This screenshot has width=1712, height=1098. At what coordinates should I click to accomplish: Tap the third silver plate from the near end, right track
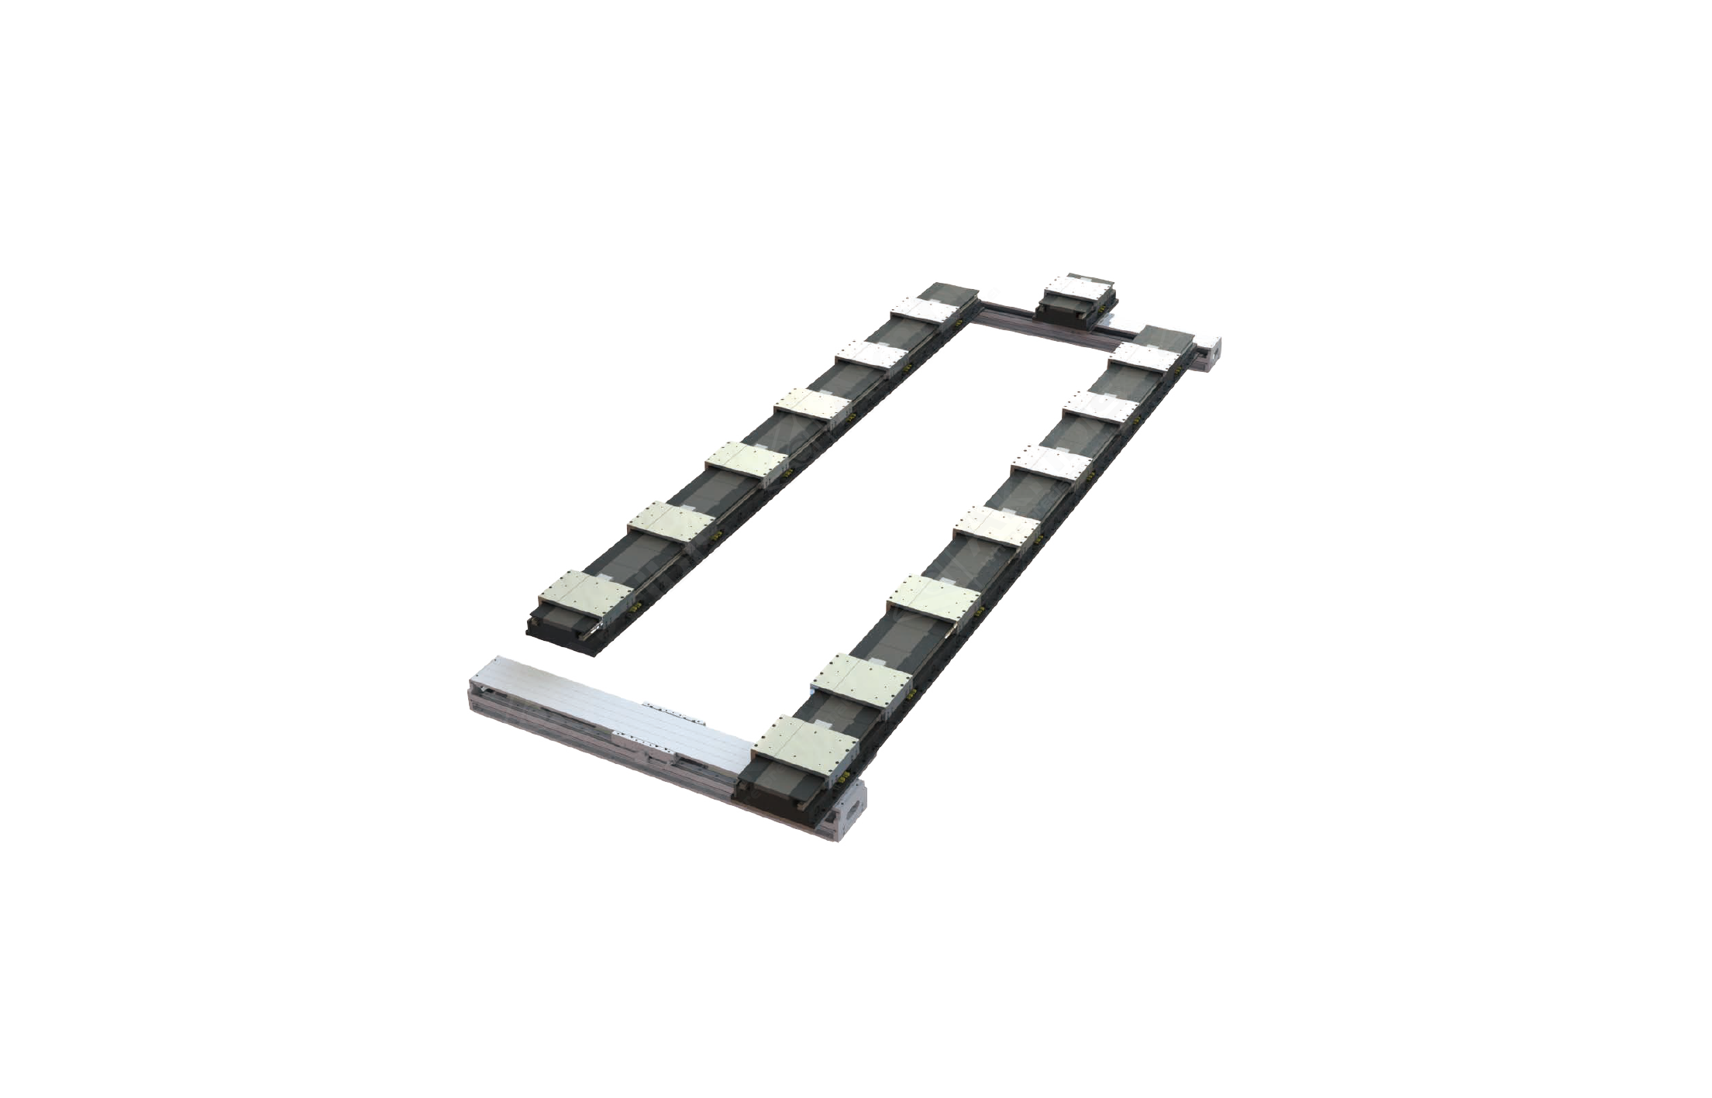(x=934, y=596)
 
